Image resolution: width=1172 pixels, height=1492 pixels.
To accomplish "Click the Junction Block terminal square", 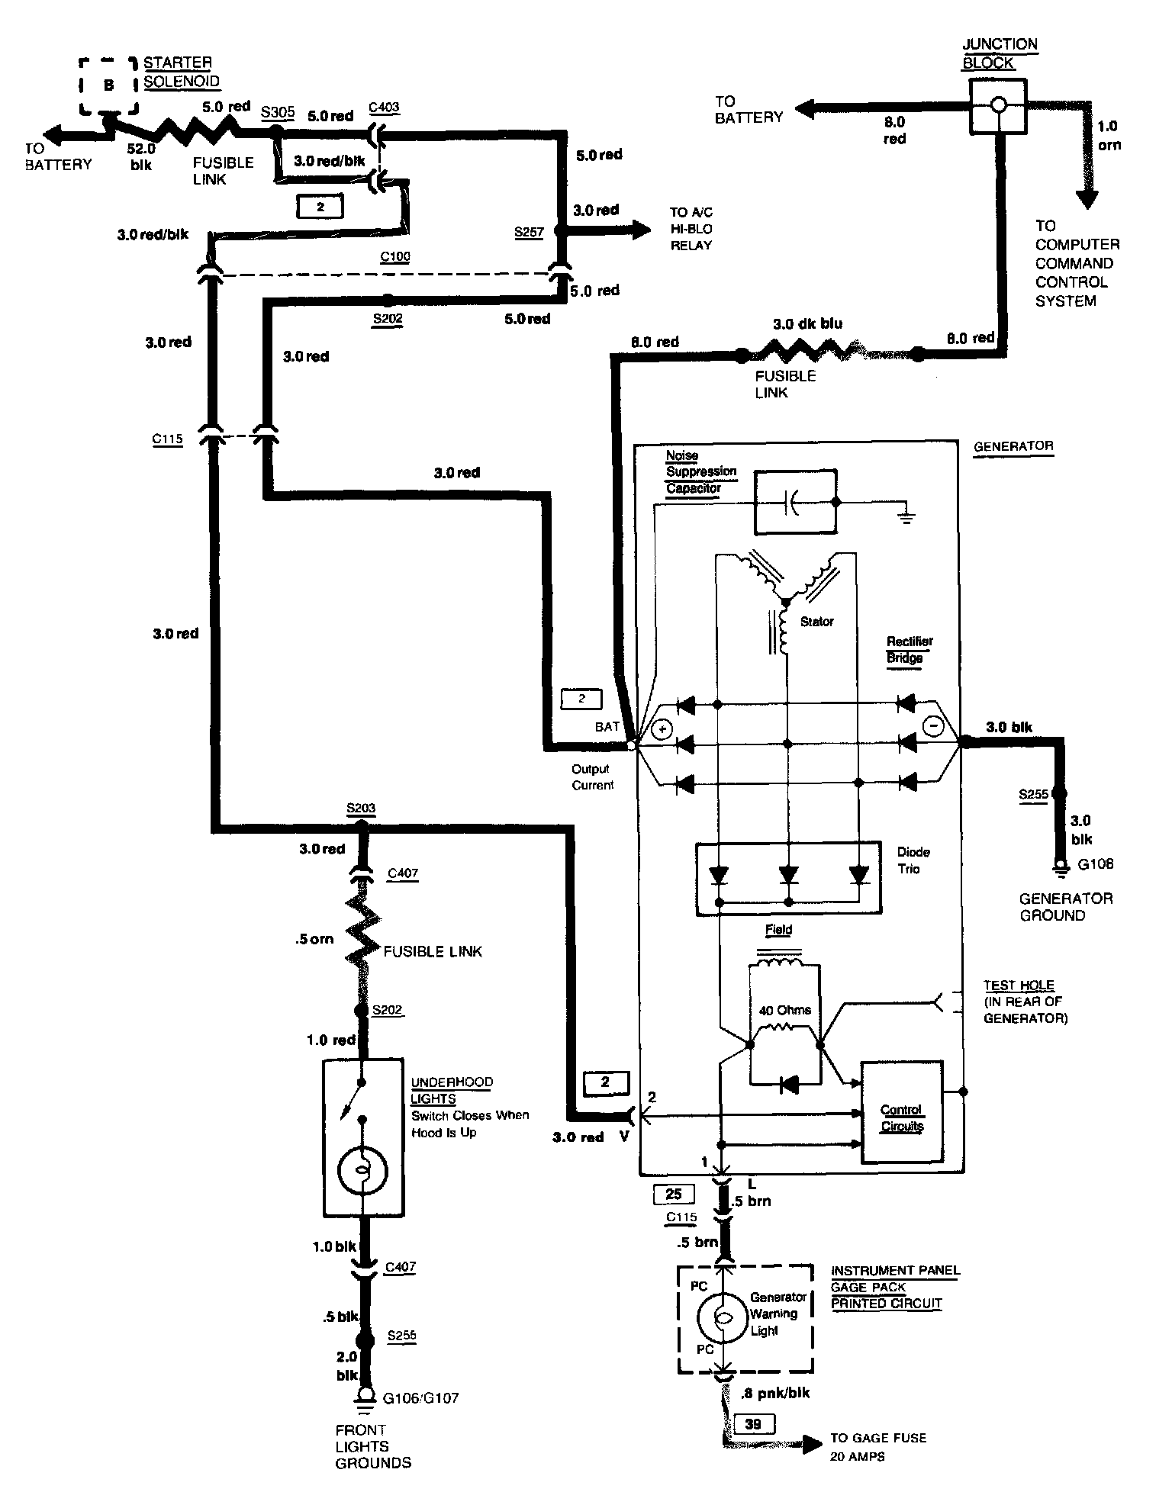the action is (997, 106).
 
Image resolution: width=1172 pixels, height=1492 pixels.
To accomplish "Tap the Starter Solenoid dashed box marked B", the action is (108, 85).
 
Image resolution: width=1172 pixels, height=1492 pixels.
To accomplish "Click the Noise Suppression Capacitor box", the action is (795, 503).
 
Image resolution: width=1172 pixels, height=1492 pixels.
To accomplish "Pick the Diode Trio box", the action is (789, 878).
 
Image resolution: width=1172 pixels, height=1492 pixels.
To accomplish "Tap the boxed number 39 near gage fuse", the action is (753, 1423).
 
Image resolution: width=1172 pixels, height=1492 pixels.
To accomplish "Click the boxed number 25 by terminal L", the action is (674, 1195).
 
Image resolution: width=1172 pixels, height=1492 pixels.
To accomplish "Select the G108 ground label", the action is (1096, 864).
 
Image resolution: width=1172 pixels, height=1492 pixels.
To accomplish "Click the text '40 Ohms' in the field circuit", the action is (785, 1010).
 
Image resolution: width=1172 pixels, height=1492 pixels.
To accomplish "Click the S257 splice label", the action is (529, 231).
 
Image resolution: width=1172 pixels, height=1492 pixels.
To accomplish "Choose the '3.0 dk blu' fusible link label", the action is (808, 323).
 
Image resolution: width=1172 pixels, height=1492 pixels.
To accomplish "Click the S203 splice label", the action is (361, 808).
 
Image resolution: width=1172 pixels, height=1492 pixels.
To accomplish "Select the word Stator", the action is (817, 622).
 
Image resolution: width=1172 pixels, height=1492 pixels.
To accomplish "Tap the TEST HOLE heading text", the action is (1019, 986).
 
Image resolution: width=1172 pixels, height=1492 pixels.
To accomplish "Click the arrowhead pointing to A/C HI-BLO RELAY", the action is (641, 228).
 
